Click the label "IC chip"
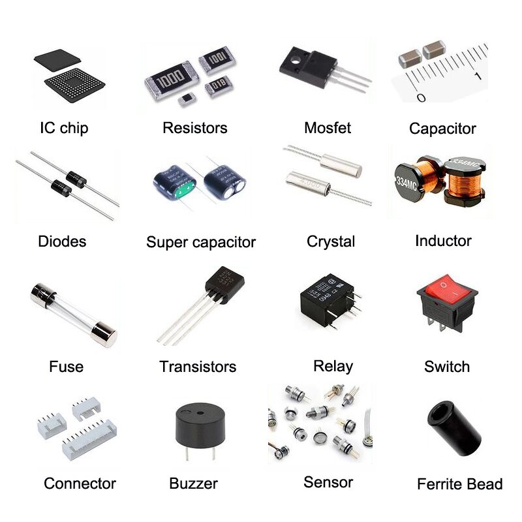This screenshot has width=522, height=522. click(63, 128)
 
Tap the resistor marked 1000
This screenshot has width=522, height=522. click(169, 76)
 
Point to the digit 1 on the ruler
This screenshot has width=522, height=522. click(478, 77)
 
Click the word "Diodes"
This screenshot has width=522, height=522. click(62, 241)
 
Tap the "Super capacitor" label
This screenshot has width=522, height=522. click(200, 242)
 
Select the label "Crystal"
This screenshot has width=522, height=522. click(331, 241)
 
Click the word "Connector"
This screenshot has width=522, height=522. click(80, 484)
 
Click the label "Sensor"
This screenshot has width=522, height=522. click(328, 482)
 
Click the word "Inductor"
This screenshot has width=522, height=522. click(443, 241)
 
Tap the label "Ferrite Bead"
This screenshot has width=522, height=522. click(459, 484)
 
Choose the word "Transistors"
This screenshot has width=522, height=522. click(198, 367)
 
